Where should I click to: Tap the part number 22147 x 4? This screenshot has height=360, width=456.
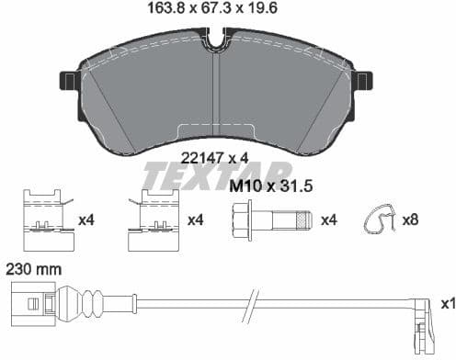[x=214, y=157]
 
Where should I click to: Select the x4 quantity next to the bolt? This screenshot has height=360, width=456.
[x=329, y=220]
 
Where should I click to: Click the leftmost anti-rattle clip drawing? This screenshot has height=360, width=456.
[x=45, y=221]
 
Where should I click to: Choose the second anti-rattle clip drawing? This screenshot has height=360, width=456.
[x=154, y=221]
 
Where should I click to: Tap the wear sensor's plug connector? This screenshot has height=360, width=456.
[x=33, y=302]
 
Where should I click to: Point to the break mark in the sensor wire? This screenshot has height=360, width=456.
[x=249, y=301]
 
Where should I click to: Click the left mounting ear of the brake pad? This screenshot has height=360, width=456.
[x=68, y=82]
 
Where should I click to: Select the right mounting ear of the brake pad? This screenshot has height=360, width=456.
[x=365, y=82]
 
